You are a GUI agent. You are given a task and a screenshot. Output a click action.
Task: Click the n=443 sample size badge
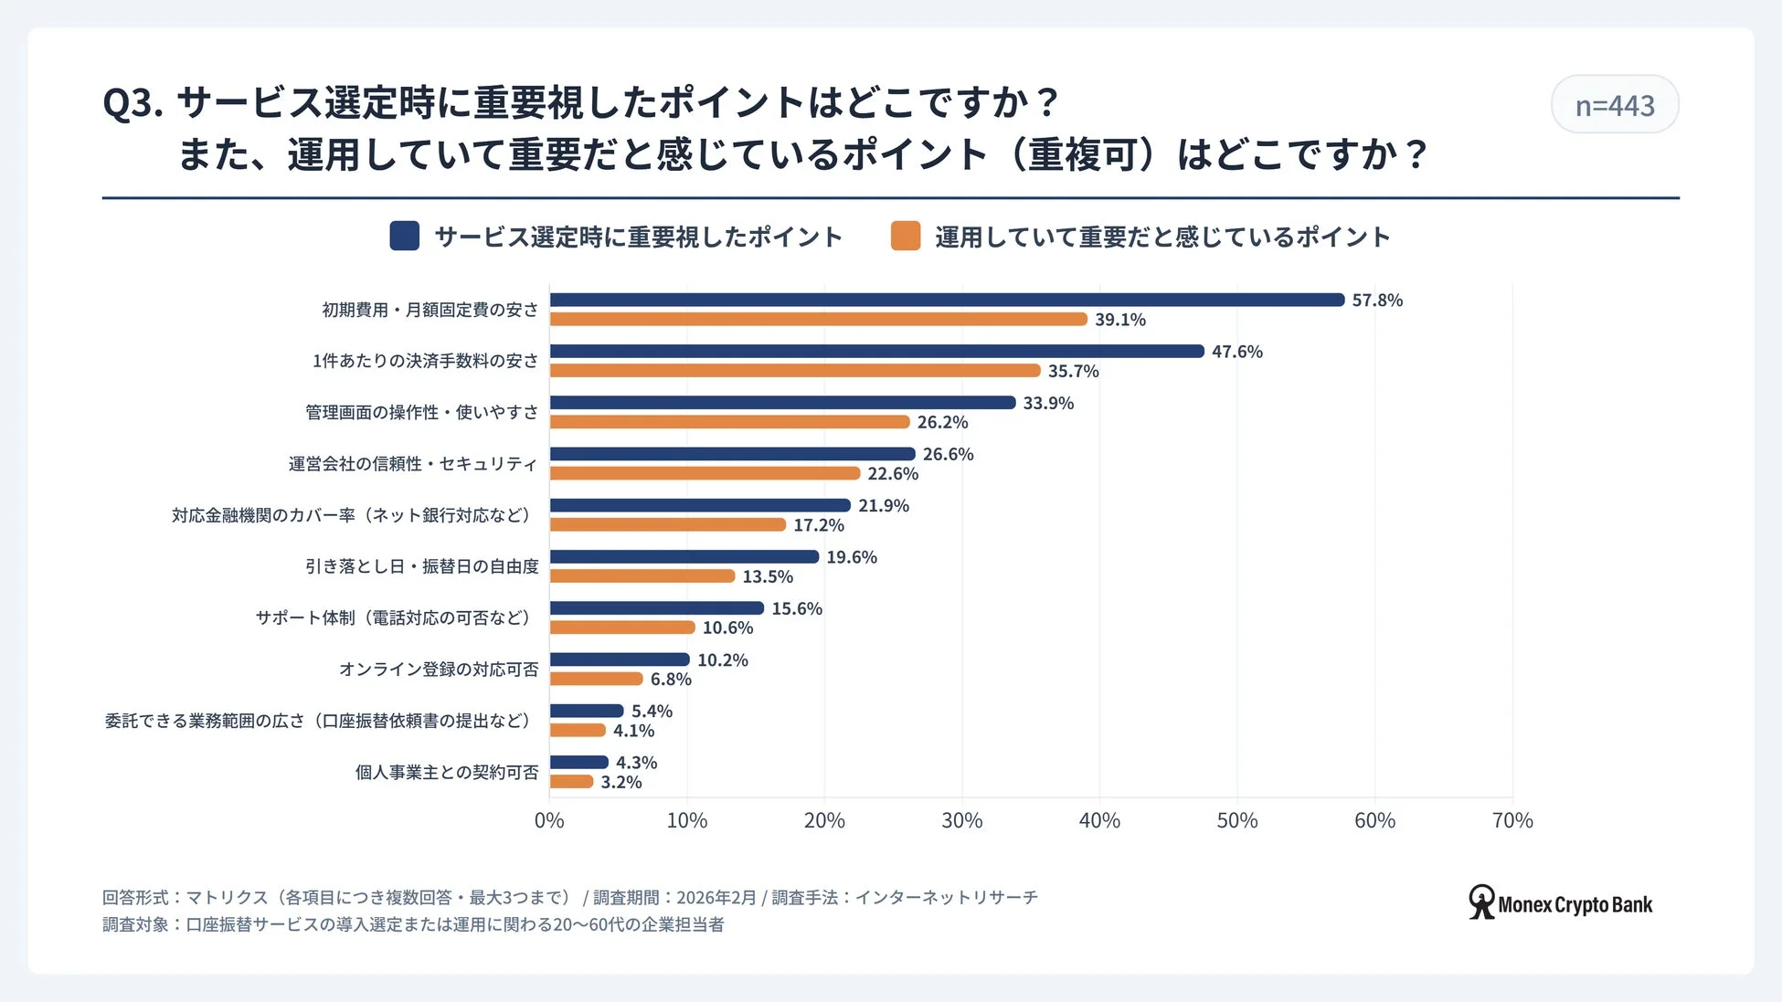1614,105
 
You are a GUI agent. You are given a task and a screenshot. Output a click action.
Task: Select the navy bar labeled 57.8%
947,300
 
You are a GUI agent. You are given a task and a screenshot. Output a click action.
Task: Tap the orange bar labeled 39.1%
818,320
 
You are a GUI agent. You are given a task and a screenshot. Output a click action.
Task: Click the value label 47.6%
1236,352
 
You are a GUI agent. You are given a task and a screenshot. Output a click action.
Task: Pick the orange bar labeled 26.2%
729,422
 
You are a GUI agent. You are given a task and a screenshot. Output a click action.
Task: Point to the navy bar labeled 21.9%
700,505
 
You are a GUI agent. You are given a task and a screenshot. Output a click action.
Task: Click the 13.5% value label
767,576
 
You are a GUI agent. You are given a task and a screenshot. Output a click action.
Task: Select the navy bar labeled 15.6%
656,608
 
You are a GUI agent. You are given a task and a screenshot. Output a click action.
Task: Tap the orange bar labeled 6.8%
596,679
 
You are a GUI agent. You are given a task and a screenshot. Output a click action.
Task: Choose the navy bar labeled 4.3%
578,762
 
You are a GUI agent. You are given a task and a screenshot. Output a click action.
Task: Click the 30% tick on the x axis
961,820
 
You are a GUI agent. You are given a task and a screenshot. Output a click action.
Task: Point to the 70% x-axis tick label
1512,820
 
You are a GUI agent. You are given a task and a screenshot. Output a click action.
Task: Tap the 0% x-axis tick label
549,820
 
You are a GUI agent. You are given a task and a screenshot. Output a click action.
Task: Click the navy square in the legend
404,236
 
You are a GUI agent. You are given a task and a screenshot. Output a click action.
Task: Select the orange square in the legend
905,236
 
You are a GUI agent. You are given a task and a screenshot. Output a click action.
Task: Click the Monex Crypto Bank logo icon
1480,902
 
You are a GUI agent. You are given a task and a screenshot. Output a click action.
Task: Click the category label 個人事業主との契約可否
446,772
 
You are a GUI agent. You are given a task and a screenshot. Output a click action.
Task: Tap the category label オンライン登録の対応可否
438,670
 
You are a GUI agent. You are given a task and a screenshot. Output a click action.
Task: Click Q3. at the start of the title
133,102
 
